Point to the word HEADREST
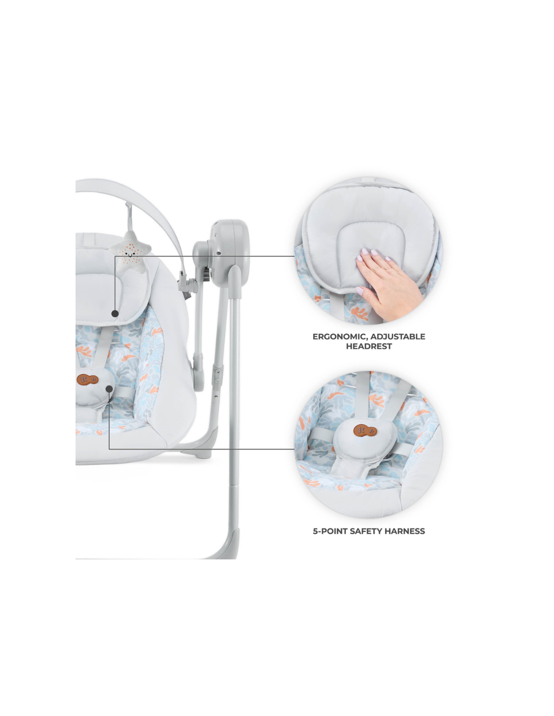point(369,346)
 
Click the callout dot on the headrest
point(115,313)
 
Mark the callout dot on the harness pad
point(109,389)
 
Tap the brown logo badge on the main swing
point(87,379)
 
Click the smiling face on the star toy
point(131,253)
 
